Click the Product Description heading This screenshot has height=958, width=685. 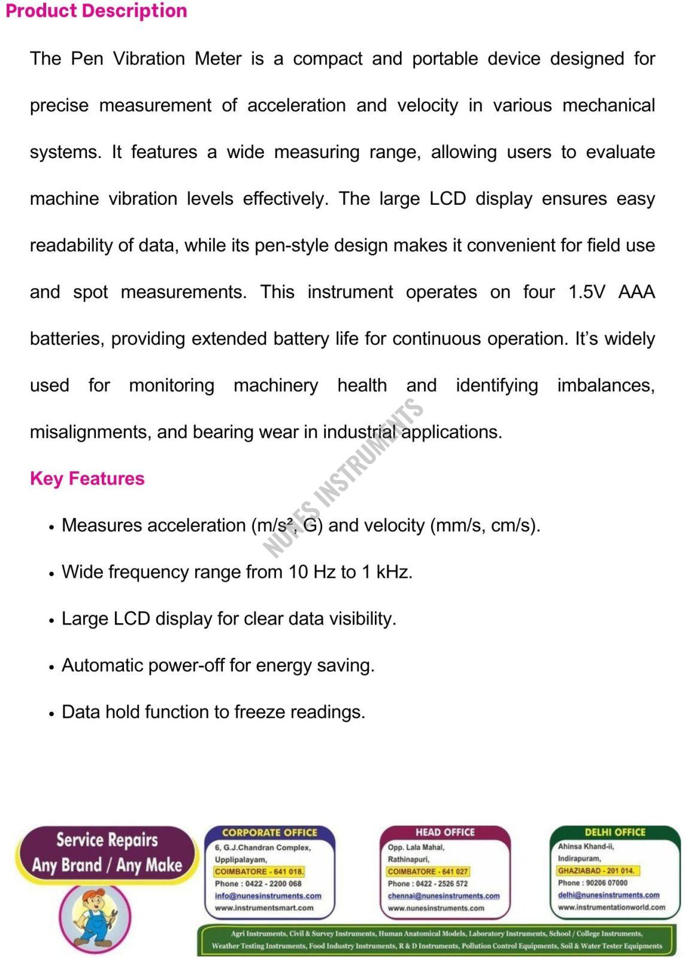coord(96,11)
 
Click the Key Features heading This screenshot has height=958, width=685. coord(87,478)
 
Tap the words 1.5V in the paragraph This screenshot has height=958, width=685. coord(587,292)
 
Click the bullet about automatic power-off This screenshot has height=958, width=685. coord(218,665)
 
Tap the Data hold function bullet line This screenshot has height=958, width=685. coord(213,712)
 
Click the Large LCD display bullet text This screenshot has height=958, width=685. coord(229,619)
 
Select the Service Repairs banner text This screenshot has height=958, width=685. coord(107,839)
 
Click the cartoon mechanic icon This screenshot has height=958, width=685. coord(95,917)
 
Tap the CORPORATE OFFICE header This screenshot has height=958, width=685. coord(269,832)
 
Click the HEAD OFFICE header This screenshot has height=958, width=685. coord(445,832)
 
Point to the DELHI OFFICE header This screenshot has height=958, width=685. coord(615,832)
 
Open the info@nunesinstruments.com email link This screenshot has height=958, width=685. coord(268,896)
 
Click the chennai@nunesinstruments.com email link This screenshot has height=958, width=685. coord(443,896)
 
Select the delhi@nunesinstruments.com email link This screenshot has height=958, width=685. coord(608,895)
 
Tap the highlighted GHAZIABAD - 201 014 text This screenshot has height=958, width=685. coord(596,871)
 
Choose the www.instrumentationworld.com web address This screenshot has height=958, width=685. coord(611,907)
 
